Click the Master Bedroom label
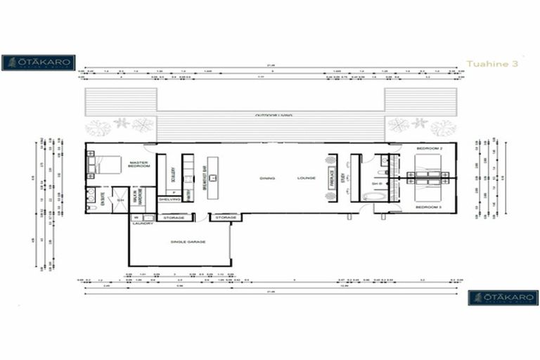pos(139,165)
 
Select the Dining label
pos(267,179)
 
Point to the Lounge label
pos(306,179)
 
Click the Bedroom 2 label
pos(428,148)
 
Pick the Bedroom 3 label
pos(428,207)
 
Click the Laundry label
pos(142,224)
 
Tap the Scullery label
pos(173,176)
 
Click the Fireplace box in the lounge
pos(332,178)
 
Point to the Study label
pos(344,178)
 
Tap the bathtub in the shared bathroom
pos(373,197)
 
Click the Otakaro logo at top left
pos(38,63)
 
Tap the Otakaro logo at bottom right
pos(503,297)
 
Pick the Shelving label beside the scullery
pos(169,199)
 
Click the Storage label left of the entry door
pos(174,218)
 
